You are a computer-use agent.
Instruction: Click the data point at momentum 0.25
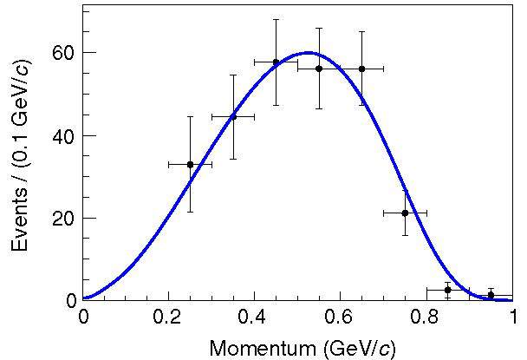190,164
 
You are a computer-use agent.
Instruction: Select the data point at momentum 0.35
233,116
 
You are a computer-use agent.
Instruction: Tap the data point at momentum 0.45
276,62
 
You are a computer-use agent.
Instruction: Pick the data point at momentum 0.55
319,69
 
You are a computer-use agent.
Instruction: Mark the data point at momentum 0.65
361,69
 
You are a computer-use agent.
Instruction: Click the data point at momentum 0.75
405,213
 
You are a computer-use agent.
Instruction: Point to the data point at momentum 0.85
447,290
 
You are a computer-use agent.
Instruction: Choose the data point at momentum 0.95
491,295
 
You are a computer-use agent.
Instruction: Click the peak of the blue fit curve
308,52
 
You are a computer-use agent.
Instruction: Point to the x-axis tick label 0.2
168,317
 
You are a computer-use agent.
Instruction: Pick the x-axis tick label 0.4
254,317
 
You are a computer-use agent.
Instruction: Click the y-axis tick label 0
71,301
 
